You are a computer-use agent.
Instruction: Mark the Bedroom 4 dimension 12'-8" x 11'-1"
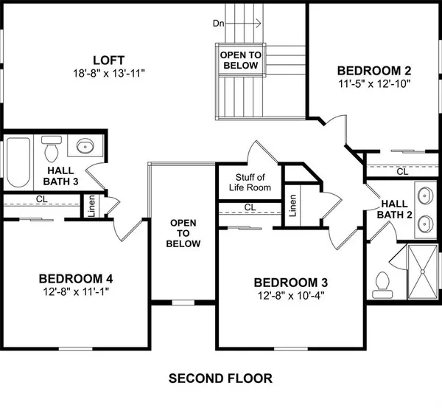coord(75,291)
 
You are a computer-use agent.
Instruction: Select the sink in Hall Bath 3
coord(83,146)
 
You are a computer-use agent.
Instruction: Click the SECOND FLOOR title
coord(220,378)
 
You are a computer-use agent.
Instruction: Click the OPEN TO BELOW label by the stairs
coord(241,60)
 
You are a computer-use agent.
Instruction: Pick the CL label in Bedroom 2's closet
coord(401,171)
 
